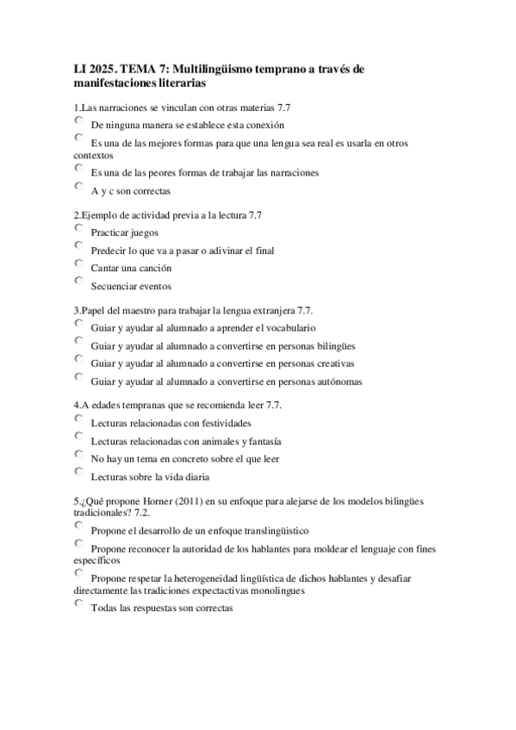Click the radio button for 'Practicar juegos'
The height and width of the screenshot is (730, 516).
78,229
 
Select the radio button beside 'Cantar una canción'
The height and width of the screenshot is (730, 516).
78,263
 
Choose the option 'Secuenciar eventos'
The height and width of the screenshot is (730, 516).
78,281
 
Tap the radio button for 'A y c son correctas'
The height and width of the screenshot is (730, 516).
78,186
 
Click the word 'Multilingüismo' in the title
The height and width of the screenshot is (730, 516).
232,68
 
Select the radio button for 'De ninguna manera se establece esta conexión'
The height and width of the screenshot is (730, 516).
78,121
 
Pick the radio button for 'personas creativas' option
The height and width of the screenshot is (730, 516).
78,360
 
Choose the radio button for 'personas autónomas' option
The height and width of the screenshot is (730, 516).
78,377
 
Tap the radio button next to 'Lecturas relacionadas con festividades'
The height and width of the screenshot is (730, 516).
78,419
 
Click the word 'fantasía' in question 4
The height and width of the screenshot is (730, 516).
262,442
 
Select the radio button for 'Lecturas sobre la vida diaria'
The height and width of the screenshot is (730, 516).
78,472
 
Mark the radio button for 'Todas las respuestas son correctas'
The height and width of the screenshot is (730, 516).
78,604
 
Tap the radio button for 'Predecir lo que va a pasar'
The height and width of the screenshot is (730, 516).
78,246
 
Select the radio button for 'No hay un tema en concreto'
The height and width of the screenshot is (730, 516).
78,455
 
